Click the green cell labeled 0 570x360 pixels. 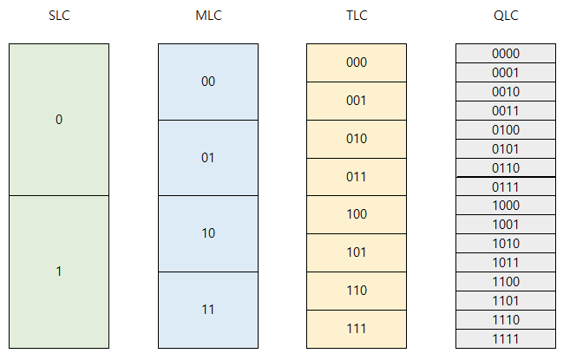[59, 120]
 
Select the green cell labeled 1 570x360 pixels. [59, 272]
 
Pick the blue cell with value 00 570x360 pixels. [208, 82]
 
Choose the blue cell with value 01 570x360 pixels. [208, 158]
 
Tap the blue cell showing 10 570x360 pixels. [208, 233]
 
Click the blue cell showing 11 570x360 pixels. [208, 309]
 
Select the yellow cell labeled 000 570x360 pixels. [357, 62]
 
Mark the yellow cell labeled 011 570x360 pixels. [357, 177]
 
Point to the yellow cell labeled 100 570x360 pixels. [357, 214]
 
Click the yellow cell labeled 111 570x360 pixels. [357, 329]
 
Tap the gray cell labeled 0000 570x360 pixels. [505, 54]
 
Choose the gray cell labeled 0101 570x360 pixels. [505, 148]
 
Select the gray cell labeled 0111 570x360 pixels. [505, 187]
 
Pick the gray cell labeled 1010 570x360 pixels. [505, 244]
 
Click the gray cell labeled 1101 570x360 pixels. [505, 300]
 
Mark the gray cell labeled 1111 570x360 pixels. [505, 338]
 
